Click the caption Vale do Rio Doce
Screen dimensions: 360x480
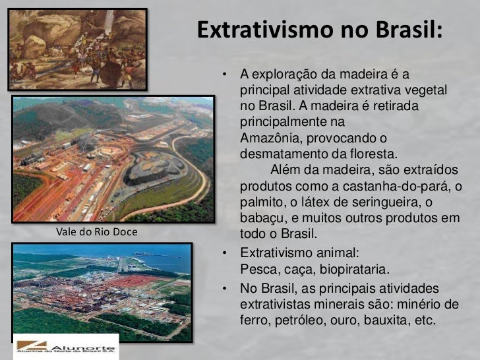[96, 232]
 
